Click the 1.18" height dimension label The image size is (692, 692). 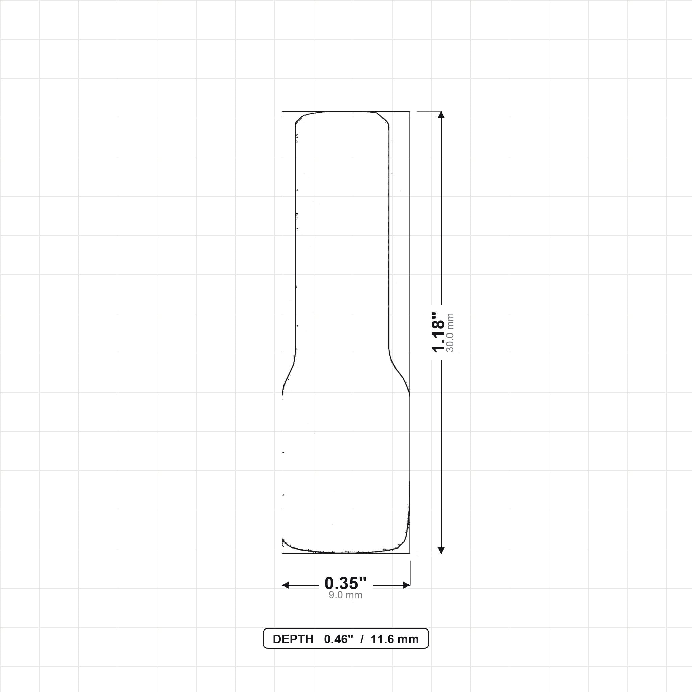point(438,332)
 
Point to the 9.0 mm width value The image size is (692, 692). point(346,595)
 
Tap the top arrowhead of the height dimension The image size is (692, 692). point(441,115)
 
